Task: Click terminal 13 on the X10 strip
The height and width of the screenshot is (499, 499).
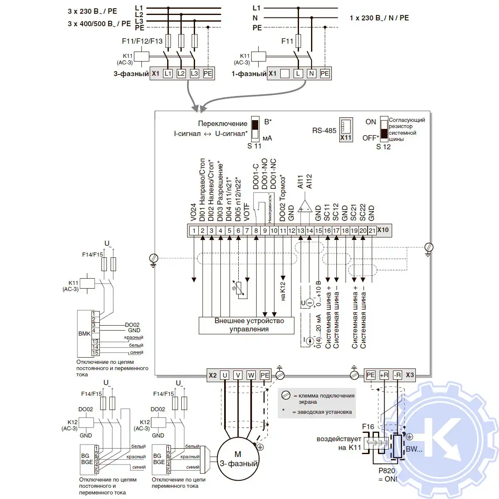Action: pyautogui.click(x=300, y=230)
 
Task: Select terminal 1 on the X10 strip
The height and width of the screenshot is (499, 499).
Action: pyautogui.click(x=194, y=230)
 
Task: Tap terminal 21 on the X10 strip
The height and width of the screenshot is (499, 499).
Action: pyautogui.click(x=372, y=230)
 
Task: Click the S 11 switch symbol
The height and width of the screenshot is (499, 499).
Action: pyautogui.click(x=256, y=128)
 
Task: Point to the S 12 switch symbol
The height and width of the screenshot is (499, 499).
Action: pyautogui.click(x=384, y=128)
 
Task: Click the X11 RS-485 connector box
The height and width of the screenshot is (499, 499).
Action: pyautogui.click(x=346, y=129)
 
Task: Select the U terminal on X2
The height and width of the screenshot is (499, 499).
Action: pyautogui.click(x=225, y=375)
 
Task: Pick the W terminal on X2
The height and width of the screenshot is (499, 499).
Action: pyautogui.click(x=251, y=375)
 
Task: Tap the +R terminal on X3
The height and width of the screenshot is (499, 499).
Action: pyautogui.click(x=384, y=375)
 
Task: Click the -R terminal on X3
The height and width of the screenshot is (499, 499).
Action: pyautogui.click(x=397, y=375)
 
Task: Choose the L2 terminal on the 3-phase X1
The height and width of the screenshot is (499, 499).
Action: pyautogui.click(x=181, y=74)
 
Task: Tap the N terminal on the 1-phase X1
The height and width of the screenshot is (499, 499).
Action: pyautogui.click(x=311, y=74)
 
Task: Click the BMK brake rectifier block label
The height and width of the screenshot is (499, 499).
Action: pyautogui.click(x=84, y=333)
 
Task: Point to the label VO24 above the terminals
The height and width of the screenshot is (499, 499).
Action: pyautogui.click(x=193, y=212)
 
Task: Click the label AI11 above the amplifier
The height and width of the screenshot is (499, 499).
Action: pyautogui.click(x=301, y=181)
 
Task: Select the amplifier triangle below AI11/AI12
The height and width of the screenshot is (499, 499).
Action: pyautogui.click(x=305, y=206)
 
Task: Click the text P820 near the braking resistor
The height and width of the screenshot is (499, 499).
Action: pyautogui.click(x=387, y=471)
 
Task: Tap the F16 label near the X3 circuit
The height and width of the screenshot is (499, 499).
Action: pyautogui.click(x=368, y=427)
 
